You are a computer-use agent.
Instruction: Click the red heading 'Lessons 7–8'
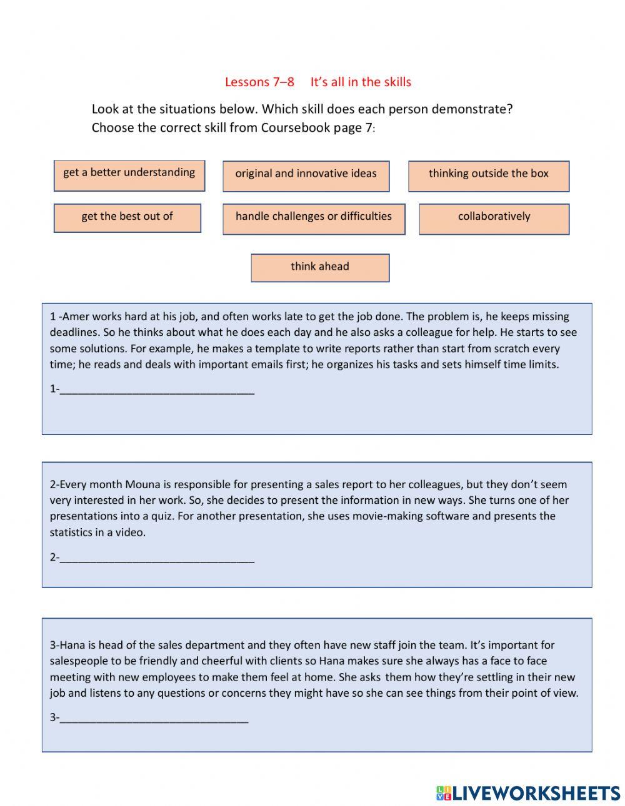click(x=259, y=82)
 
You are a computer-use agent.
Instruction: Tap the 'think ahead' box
click(x=320, y=267)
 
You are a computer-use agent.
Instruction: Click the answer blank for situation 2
click(x=157, y=558)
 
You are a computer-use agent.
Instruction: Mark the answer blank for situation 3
click(x=154, y=719)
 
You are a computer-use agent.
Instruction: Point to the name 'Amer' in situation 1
click(x=76, y=317)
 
